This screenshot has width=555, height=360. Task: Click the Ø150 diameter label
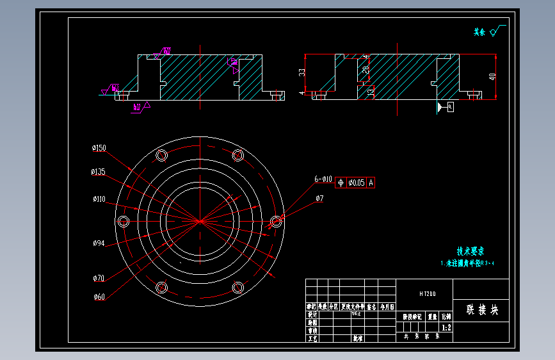99,149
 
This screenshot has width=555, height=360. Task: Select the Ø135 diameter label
98,172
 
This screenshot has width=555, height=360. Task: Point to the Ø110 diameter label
99,199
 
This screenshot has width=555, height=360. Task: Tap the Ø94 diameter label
99,243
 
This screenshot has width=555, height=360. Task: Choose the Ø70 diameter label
99,278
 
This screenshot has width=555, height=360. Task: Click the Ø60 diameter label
99,297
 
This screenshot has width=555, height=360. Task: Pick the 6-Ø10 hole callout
323,179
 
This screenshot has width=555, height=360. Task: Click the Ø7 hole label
319,199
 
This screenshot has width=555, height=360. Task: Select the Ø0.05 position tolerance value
356,183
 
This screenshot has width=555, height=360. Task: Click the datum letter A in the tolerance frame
371,183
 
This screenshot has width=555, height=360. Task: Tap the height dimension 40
492,76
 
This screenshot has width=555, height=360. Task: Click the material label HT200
427,294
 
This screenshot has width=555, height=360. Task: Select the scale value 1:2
446,328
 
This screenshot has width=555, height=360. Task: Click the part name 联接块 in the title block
482,311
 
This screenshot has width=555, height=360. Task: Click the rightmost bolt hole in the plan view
276,222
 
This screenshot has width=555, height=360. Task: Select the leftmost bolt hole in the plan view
123,222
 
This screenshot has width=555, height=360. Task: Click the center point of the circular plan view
200,222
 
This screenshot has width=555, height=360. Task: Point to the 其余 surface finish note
479,31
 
